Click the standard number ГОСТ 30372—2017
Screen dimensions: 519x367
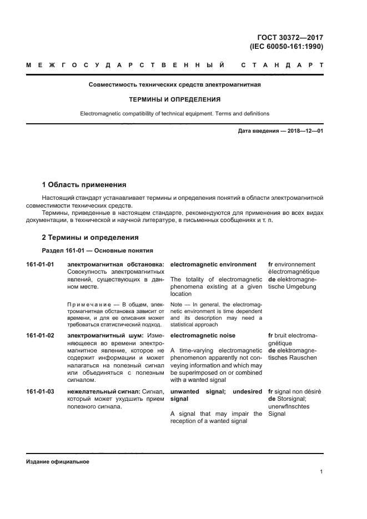[x=289, y=38]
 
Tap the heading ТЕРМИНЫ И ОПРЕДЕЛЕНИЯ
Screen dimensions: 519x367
[x=175, y=100]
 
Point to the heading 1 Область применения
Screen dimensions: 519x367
[x=84, y=184]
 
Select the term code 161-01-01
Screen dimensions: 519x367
[x=40, y=264]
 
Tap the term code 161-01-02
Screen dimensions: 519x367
[x=40, y=335]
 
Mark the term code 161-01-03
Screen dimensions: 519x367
[x=40, y=391]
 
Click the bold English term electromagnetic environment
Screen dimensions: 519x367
[x=213, y=264]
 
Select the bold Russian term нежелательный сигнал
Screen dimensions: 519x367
[x=99, y=391]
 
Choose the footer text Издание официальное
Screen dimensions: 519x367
[x=58, y=462]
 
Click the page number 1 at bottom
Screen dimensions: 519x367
[x=321, y=472]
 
